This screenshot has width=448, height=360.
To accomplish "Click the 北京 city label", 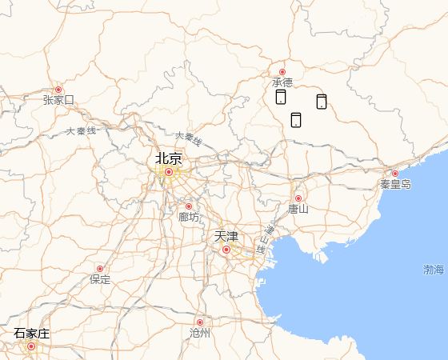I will [169, 158].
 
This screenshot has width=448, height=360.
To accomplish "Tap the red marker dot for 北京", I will [169, 171].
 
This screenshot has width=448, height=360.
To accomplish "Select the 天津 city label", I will [226, 237].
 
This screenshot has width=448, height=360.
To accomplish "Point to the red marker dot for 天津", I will [226, 250].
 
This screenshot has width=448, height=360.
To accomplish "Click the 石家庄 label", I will [31, 333].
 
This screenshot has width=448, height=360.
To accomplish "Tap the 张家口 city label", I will [58, 100].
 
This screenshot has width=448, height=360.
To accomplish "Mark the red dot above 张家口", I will [58, 90].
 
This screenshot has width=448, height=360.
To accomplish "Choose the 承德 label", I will [282, 82].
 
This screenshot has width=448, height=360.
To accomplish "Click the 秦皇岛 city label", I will [395, 184].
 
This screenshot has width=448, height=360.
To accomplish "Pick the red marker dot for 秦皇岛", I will [395, 174].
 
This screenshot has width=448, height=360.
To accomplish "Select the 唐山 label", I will [298, 209].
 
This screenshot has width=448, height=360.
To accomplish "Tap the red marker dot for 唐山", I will [298, 198].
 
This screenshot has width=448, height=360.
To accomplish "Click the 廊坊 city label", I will [189, 217].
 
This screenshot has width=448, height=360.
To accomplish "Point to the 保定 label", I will [100, 279].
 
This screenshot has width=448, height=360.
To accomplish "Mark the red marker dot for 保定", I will [100, 269].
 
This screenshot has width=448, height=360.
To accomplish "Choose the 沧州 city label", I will [200, 333].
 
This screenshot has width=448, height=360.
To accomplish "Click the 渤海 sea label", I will [434, 270].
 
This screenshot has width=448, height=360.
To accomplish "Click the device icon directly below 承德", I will [281, 97].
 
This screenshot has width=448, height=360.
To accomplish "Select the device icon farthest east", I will [322, 101].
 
